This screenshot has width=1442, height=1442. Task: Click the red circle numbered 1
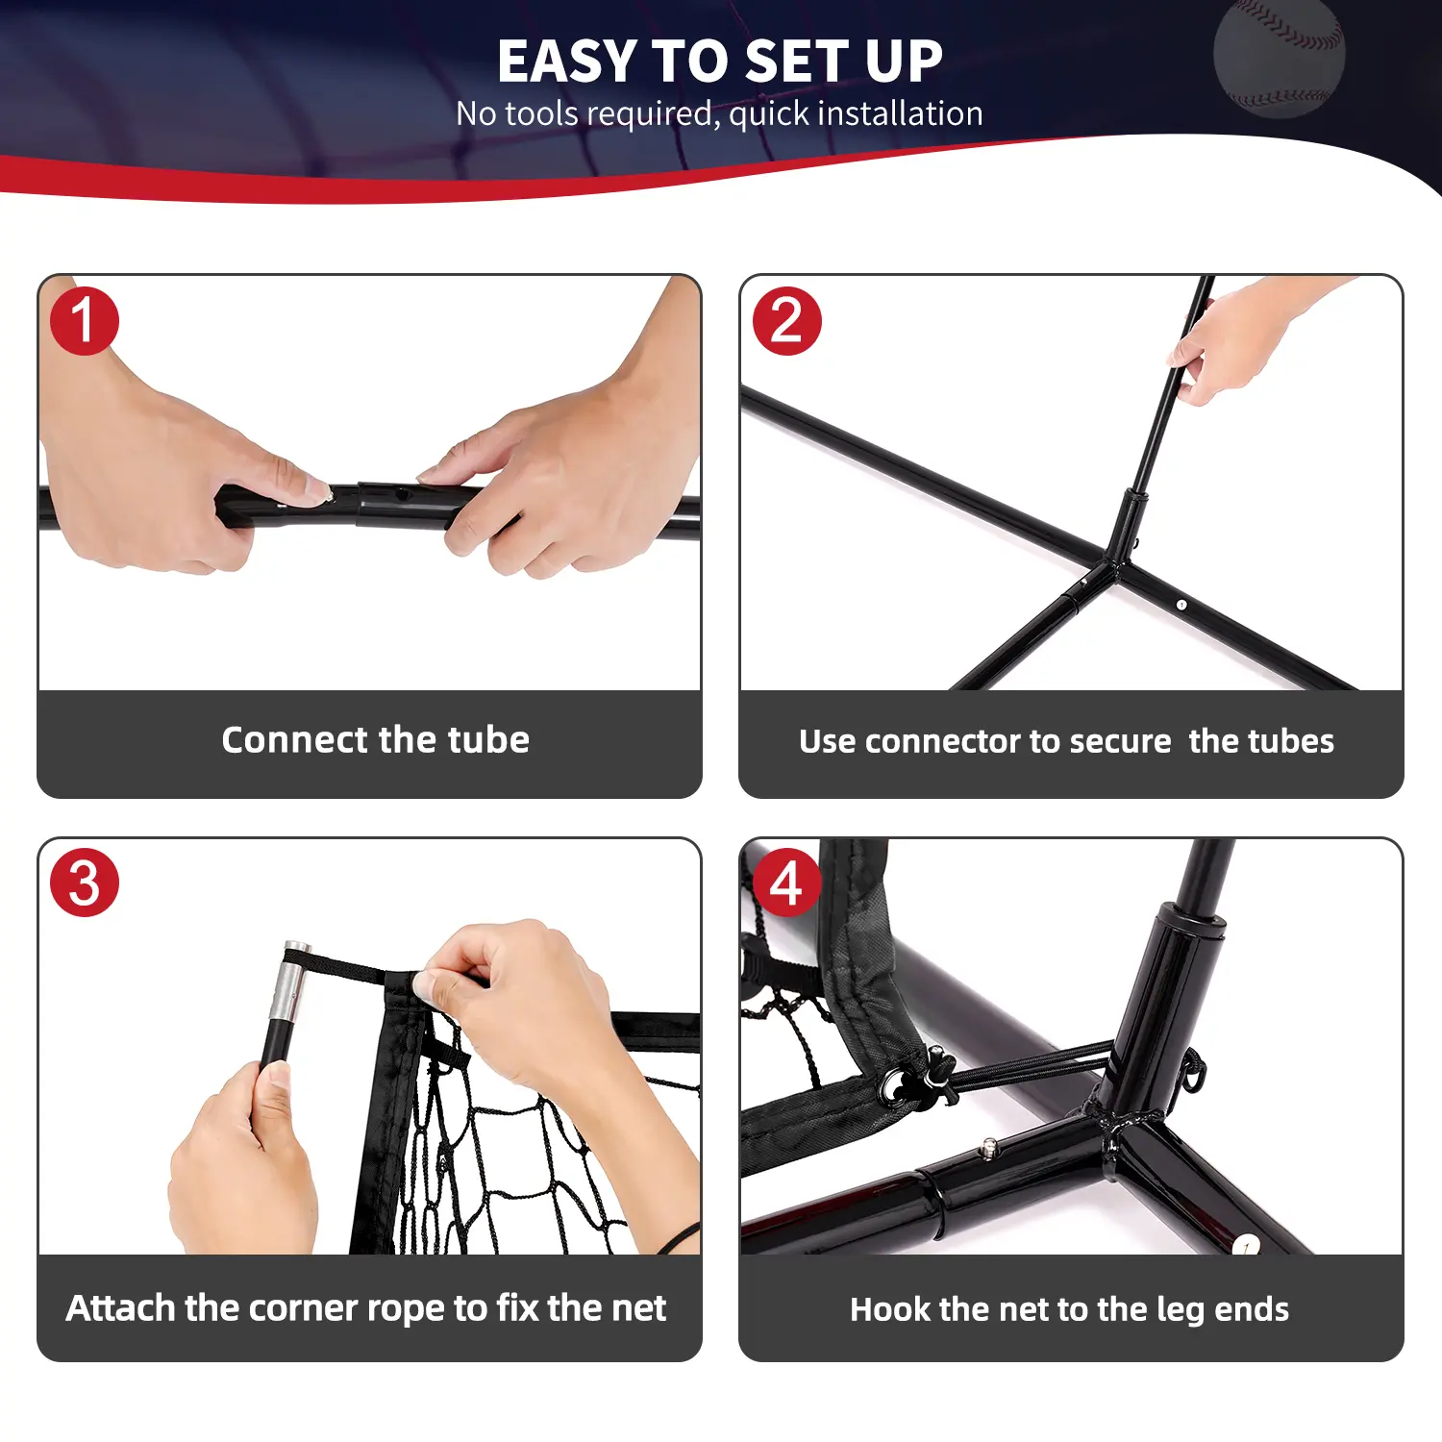pos(85,321)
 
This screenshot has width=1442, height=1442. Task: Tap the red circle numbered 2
pos(786,321)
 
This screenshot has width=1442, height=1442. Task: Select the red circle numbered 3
pos(85,883)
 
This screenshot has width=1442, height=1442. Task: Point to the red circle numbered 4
pos(786,883)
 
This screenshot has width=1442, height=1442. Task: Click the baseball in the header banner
pos(1279,58)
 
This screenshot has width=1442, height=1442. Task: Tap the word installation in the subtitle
pos(900,113)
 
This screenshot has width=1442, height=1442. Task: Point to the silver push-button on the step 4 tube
pos(988,1146)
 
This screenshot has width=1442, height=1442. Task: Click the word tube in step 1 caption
pos(488,740)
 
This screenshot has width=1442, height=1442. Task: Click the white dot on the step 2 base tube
pos(1181,605)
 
